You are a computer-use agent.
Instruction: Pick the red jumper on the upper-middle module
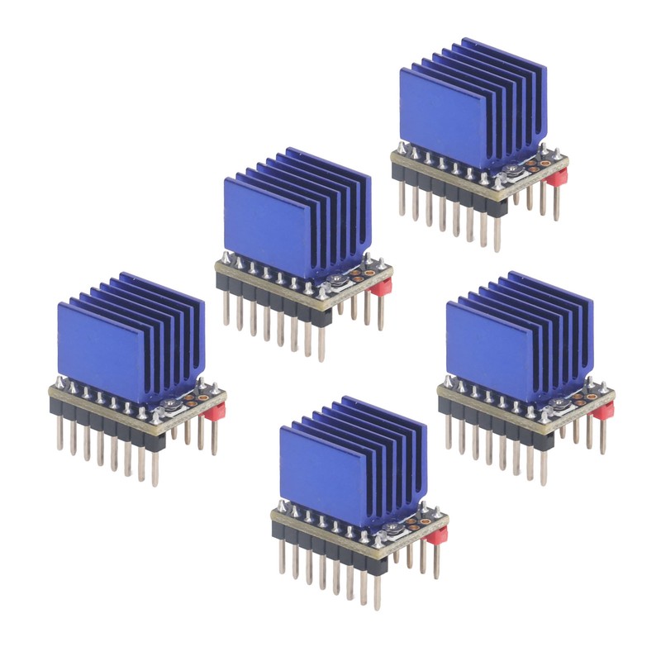[381, 288]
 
